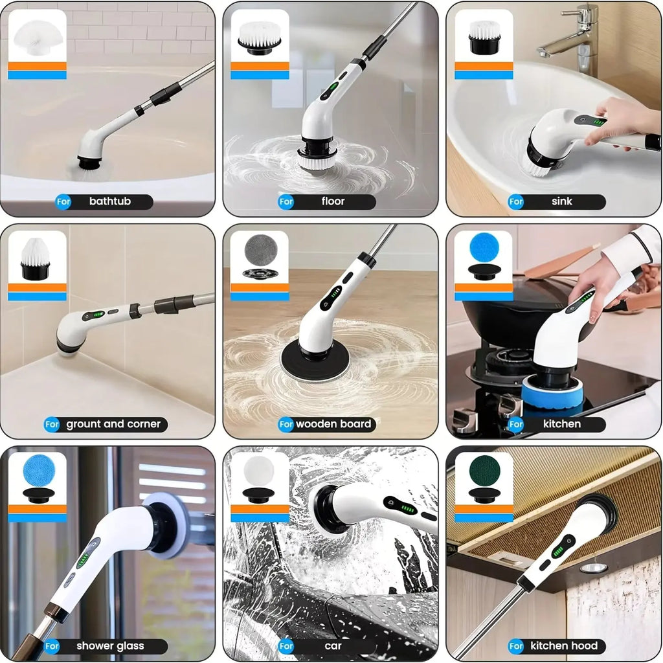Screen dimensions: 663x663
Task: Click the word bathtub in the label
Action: click(x=109, y=201)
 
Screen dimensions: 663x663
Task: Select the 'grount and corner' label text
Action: click(x=113, y=424)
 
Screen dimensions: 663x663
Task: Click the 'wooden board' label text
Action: click(x=333, y=425)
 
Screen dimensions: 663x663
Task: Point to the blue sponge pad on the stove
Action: click(x=552, y=392)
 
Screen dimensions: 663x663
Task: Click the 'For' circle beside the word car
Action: click(x=286, y=646)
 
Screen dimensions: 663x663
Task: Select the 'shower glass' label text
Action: click(x=110, y=646)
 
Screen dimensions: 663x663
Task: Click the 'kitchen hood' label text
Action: click(x=563, y=646)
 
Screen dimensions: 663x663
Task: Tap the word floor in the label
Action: click(x=333, y=201)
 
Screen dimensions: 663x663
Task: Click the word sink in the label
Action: click(x=561, y=201)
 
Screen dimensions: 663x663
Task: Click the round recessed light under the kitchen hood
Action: click(x=593, y=567)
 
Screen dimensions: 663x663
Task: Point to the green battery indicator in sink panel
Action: click(x=598, y=121)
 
